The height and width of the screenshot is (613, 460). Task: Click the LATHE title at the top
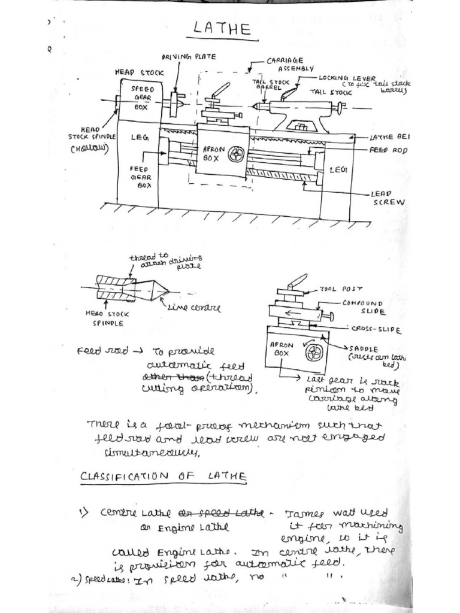222,31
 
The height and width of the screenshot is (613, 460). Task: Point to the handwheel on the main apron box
235,155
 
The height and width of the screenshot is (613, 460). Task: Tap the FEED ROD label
389,151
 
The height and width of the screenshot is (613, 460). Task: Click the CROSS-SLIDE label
376,330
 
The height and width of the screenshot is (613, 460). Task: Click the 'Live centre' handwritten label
194,309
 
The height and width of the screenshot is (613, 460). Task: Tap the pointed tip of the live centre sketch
169,292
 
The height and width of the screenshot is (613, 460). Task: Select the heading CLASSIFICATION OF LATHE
163,476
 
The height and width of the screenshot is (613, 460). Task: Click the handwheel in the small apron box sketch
314,353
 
